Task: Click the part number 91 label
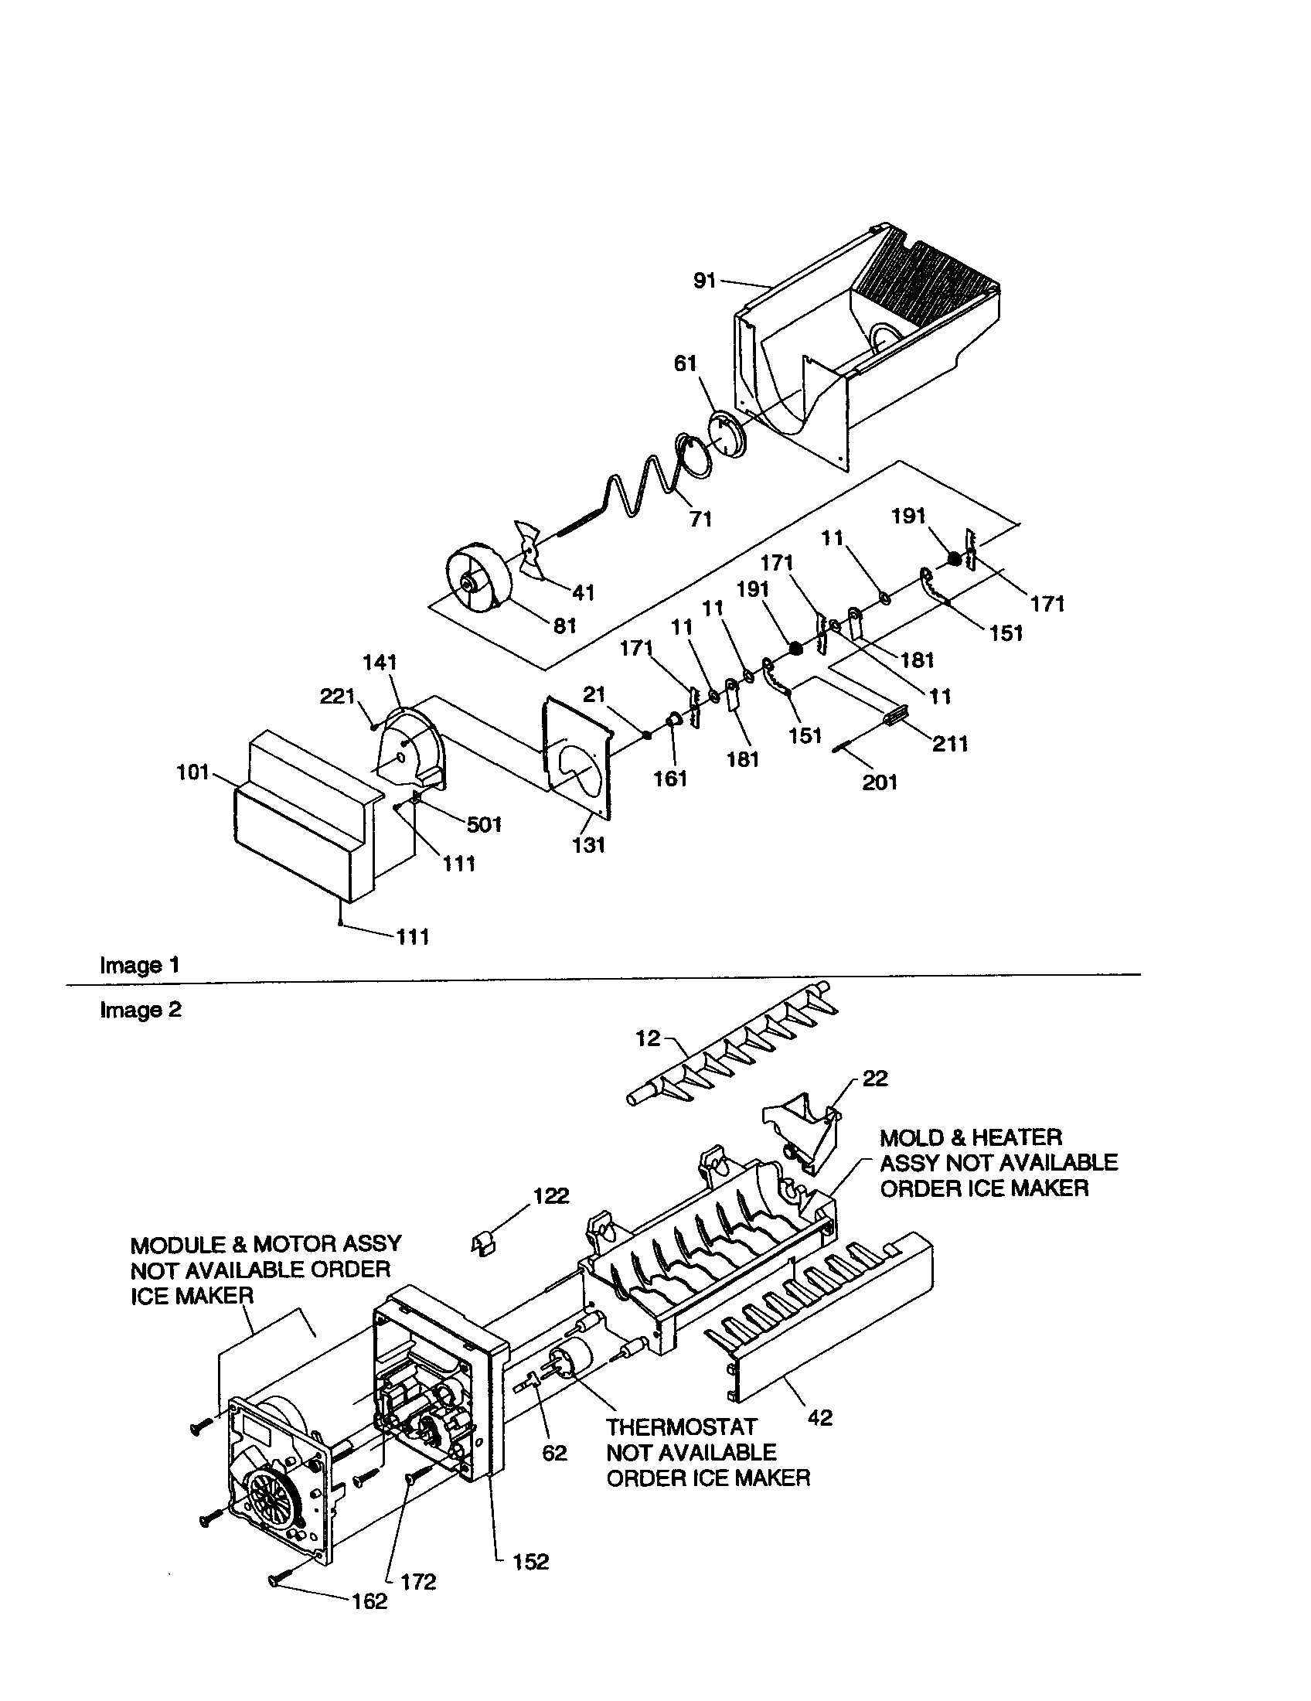703,281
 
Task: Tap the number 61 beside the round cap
685,363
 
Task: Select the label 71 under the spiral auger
700,519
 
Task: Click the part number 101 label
192,772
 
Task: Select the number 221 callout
337,697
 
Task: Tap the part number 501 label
484,824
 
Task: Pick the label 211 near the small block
950,744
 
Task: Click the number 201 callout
880,781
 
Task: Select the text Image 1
139,965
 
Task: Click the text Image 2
140,1011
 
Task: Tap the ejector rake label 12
647,1038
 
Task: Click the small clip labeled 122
483,1245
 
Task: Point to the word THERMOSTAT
681,1427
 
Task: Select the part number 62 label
554,1454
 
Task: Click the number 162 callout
369,1601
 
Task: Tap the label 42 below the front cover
820,1417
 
